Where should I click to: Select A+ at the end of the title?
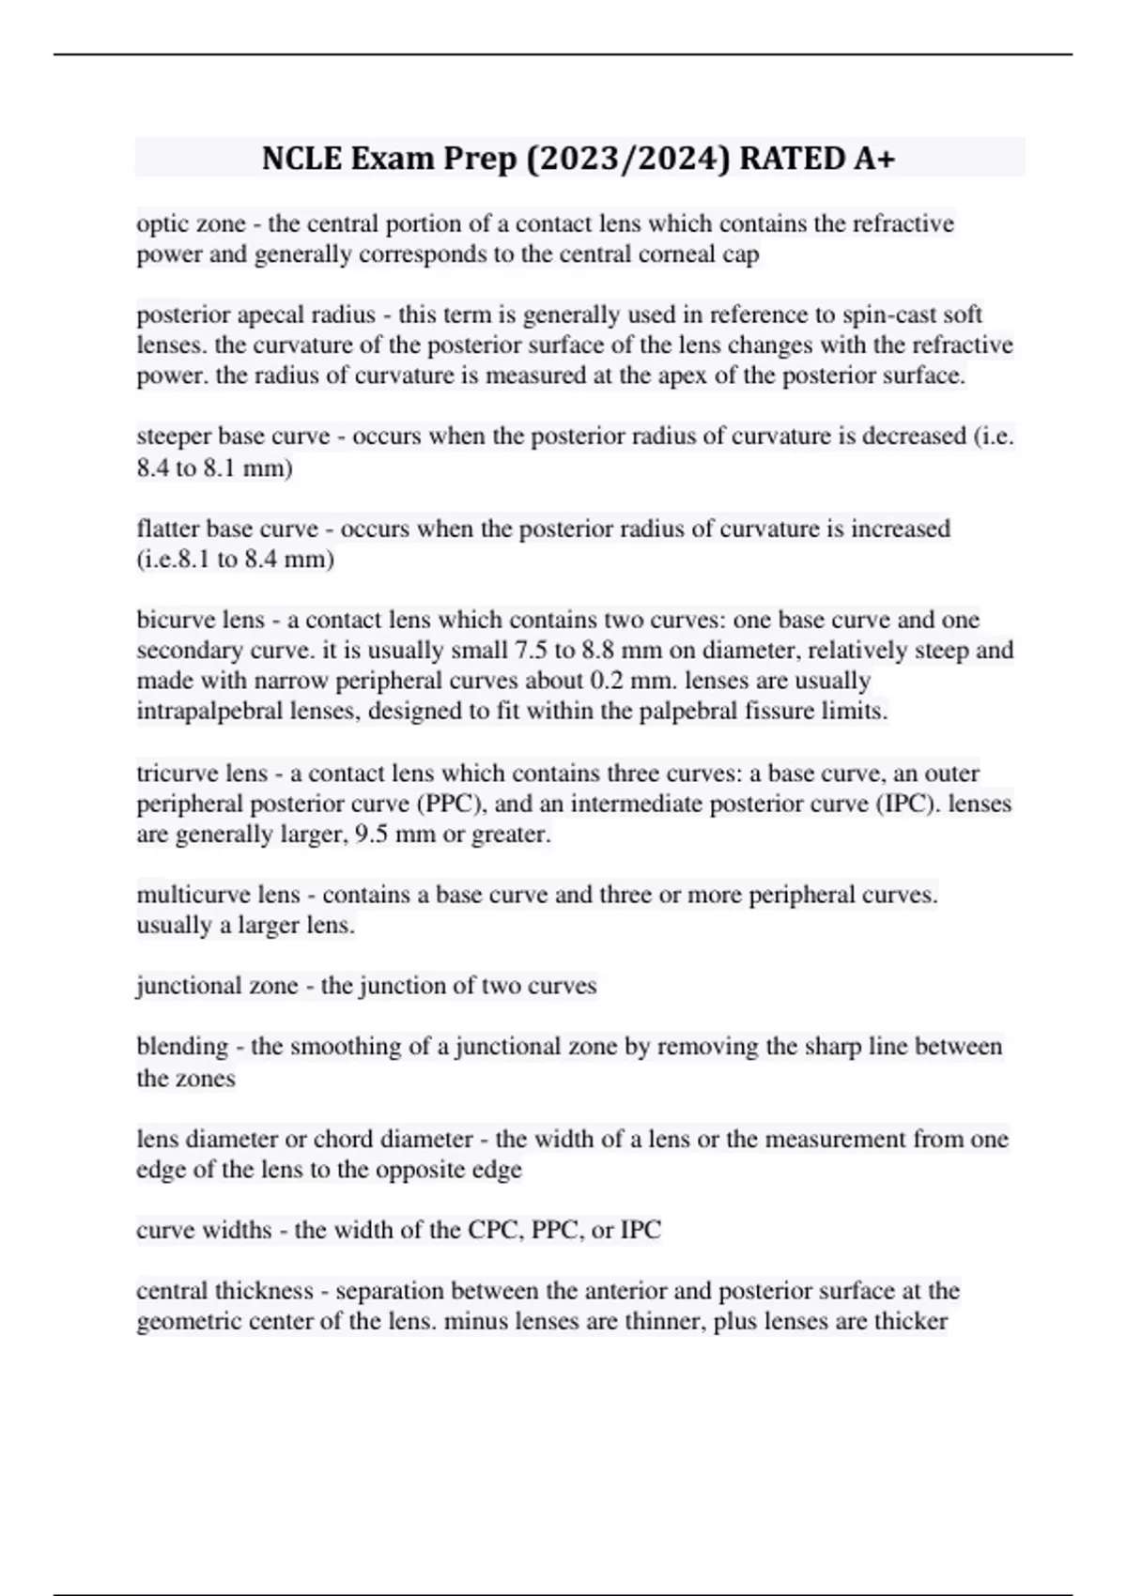(873, 159)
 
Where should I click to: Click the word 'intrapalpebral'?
(215, 711)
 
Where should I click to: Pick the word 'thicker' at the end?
(912, 1321)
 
